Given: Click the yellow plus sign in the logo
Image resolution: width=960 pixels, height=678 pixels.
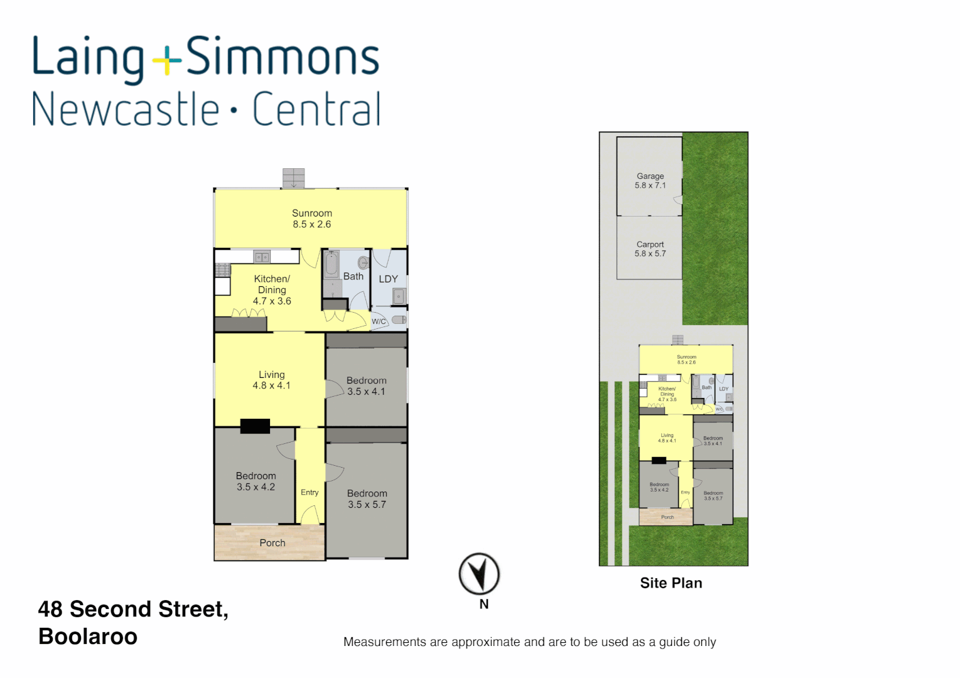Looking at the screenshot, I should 167,61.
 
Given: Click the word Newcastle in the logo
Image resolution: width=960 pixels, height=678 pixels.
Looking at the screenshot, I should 126,110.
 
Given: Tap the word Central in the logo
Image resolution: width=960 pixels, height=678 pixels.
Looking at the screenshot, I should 316,110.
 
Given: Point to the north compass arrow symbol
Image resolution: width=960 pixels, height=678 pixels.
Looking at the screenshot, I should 479,573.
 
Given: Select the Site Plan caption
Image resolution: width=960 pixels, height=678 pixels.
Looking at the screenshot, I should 671,583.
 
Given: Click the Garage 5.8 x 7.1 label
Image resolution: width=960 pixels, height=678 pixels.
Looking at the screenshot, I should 650,181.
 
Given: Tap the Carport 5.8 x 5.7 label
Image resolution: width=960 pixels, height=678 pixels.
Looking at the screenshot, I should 650,249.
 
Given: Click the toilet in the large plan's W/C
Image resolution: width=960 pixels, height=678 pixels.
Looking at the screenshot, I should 398,320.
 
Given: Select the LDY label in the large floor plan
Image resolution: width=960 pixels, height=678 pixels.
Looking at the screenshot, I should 388,279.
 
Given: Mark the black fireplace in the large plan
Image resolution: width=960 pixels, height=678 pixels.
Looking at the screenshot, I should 255,426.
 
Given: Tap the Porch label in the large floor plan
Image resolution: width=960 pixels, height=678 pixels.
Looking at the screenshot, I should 272,543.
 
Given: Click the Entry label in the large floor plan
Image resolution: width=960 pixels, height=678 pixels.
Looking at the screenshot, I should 310,492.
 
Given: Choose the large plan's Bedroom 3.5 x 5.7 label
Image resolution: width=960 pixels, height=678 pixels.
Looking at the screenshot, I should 367,499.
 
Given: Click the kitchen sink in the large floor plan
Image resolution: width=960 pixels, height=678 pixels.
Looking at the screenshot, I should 261,256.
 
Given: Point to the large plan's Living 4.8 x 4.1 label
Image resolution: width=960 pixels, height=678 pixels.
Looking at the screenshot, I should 272,380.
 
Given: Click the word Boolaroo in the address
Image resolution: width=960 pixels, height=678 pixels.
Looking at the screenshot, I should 88,637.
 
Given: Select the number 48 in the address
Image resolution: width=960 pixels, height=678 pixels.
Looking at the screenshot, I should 50,609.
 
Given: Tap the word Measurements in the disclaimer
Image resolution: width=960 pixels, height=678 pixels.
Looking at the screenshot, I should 384,642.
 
